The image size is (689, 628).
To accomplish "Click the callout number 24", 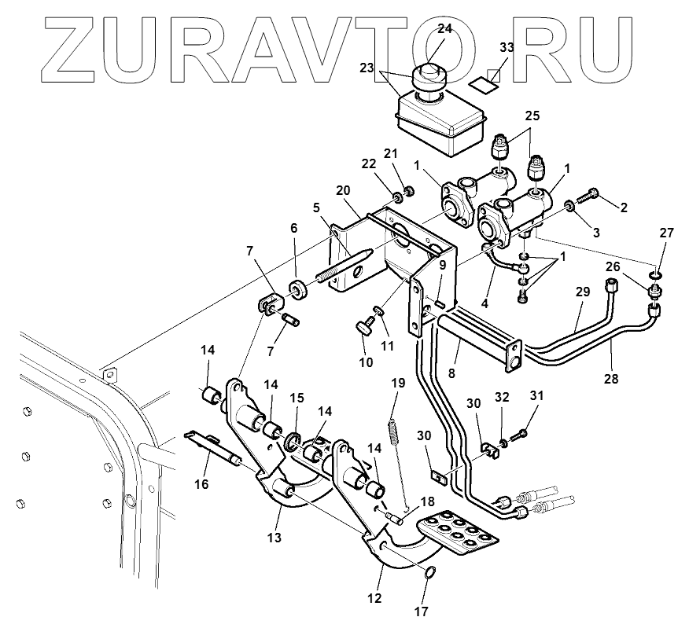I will [444, 28].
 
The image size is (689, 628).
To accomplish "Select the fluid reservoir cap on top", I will [431, 78].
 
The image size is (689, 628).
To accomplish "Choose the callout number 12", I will [374, 598].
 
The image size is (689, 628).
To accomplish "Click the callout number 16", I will [201, 484].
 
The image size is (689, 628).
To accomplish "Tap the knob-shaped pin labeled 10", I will [365, 325].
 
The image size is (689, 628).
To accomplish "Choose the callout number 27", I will [667, 233].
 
